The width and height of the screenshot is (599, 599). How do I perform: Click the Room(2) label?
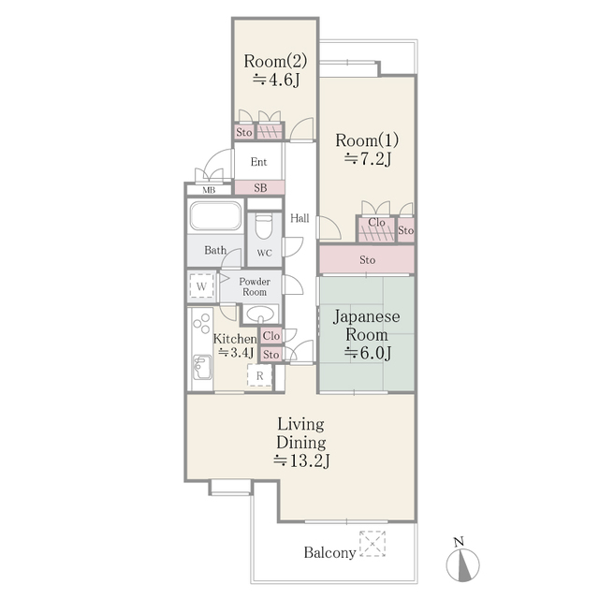point(274,62)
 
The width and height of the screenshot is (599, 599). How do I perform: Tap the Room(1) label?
point(366,140)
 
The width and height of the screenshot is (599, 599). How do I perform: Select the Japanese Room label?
point(366,327)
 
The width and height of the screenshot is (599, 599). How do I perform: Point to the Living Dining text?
point(299,432)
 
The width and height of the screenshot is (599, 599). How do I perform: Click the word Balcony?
point(329,552)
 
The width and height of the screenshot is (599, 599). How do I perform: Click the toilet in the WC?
point(263,226)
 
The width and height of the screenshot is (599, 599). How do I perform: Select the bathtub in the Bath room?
point(215,218)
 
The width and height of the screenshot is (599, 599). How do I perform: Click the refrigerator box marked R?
point(259,376)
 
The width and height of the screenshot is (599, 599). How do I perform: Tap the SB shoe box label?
point(260,188)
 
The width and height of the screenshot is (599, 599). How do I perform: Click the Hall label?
point(299,218)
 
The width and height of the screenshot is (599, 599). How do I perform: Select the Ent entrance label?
point(258,162)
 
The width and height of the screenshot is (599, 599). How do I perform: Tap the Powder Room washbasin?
point(263,314)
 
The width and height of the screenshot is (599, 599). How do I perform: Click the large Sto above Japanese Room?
point(367,259)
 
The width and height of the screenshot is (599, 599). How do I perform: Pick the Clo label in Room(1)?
point(375,223)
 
